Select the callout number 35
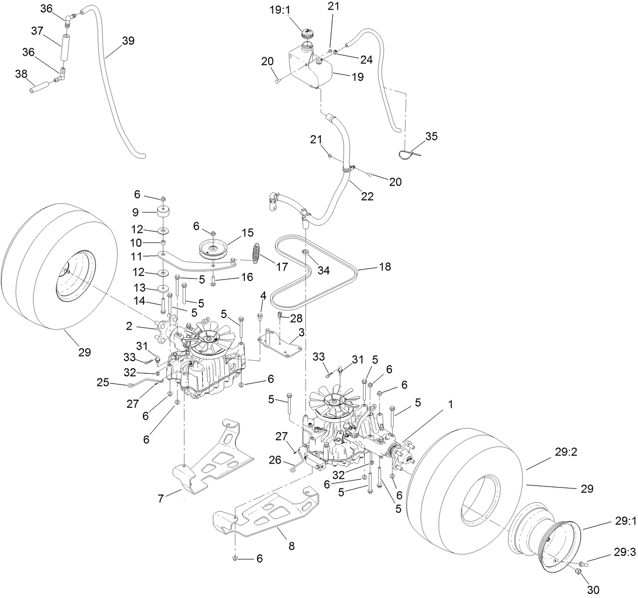(x=431, y=136)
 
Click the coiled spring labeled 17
(x=257, y=252)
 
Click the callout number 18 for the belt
(x=385, y=266)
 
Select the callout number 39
(x=128, y=41)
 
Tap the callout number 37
(x=37, y=31)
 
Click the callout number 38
(x=21, y=74)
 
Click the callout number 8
(x=291, y=546)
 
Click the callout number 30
(x=593, y=589)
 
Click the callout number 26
(x=274, y=461)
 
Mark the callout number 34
(x=323, y=271)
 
